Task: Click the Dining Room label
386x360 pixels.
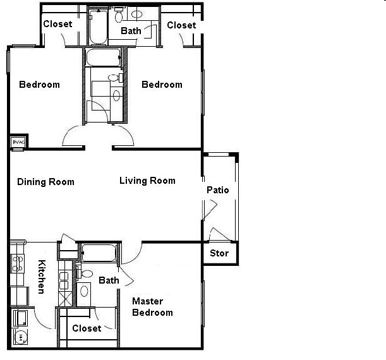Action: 45,182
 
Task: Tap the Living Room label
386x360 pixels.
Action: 147,181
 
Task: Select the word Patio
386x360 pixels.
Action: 217,190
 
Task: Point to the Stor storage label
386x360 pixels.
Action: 219,253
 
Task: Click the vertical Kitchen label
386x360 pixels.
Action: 42,277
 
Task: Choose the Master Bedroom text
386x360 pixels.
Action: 152,307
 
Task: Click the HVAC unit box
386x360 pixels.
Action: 18,142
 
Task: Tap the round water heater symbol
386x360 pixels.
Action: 21,337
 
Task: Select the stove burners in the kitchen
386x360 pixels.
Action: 18,263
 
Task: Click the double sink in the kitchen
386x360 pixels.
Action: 64,280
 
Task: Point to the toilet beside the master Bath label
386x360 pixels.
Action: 85,273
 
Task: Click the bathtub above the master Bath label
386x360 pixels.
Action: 99,253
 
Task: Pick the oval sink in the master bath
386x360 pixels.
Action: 84,291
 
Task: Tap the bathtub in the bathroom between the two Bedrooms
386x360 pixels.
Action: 103,57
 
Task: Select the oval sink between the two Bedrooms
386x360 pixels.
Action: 116,96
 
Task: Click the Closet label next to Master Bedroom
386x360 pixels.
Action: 87,328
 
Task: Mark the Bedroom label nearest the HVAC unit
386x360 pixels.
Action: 39,85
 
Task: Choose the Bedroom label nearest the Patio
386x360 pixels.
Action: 162,85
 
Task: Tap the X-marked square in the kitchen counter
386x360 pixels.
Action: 65,299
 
